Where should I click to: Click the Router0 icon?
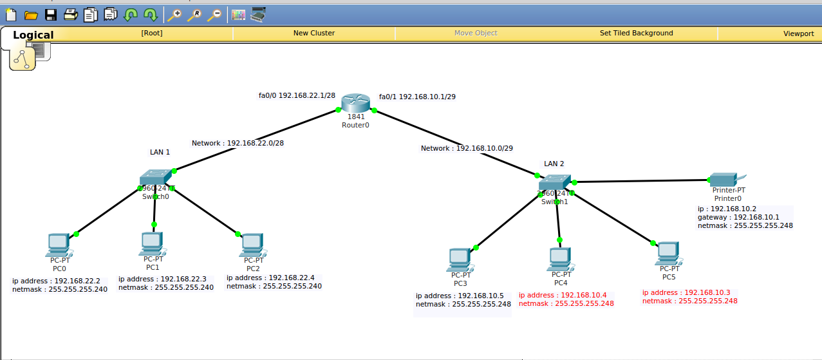[356, 103]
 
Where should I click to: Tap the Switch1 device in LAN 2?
[555, 184]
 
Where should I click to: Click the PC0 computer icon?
[59, 245]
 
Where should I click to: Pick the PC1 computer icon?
[152, 243]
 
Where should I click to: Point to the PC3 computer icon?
[460, 259]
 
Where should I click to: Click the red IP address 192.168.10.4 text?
[563, 295]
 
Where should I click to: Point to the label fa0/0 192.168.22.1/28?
[297, 95]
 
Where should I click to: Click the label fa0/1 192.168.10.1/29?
[417, 97]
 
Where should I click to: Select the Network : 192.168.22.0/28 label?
[238, 143]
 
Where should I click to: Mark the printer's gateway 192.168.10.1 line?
[738, 217]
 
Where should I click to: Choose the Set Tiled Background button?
[636, 33]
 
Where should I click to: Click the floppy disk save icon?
[51, 14]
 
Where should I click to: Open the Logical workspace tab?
[33, 35]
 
